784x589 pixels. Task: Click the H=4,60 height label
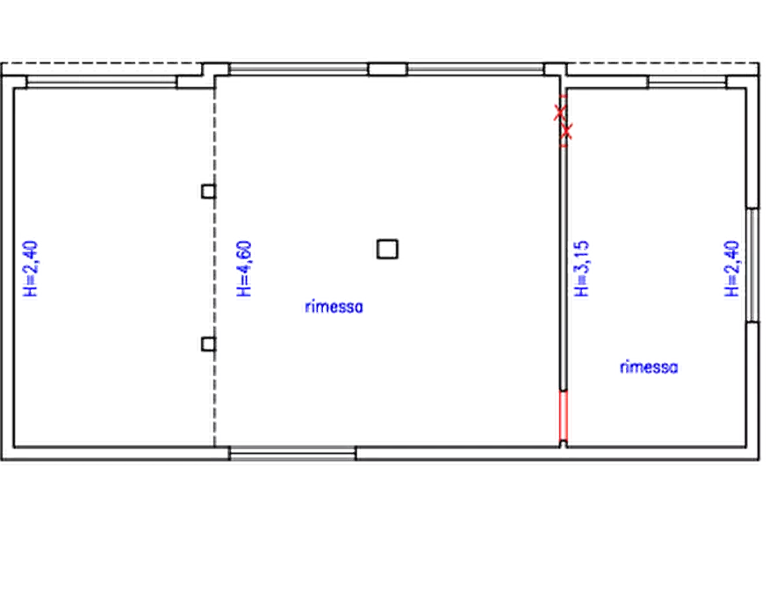pos(244,268)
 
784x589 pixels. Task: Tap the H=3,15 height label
pos(582,268)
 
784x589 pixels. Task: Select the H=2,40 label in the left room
pos(31,268)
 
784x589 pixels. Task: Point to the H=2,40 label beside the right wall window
pos(732,268)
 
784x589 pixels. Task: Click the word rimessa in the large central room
pos(334,307)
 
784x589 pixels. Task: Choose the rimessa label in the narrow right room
pos(649,367)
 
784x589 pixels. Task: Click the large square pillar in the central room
pos(387,249)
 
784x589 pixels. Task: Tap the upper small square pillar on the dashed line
pos(208,192)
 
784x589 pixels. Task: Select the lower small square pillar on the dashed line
pos(208,344)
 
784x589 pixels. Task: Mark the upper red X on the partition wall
pos(560,113)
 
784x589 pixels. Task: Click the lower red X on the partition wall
pos(566,131)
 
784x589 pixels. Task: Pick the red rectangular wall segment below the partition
pos(564,416)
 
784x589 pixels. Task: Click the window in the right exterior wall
pos(752,265)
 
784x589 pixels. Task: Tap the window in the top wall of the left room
pos(102,82)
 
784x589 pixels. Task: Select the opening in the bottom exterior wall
pos(292,454)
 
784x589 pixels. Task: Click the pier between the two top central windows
pos(387,69)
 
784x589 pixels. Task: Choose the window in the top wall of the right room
pos(687,82)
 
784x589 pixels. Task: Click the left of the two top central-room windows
pos(298,69)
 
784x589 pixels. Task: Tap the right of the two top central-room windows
pos(476,69)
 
